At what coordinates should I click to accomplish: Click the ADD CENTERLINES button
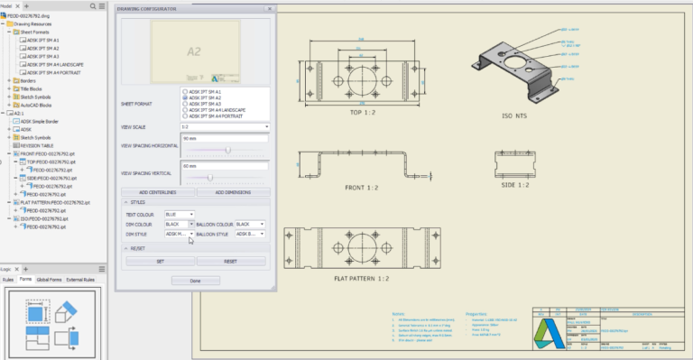coord(157,192)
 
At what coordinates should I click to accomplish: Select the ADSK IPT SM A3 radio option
coord(186,104)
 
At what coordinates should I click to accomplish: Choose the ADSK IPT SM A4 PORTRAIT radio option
coord(186,116)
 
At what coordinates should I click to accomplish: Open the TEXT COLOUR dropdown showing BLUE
coord(179,214)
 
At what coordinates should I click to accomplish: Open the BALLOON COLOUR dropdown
coord(249,224)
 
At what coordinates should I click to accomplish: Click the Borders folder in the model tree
coord(28,80)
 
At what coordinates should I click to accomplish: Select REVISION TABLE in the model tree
coord(37,145)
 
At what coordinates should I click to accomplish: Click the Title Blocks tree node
coord(32,88)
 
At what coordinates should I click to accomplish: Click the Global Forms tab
coord(49,280)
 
